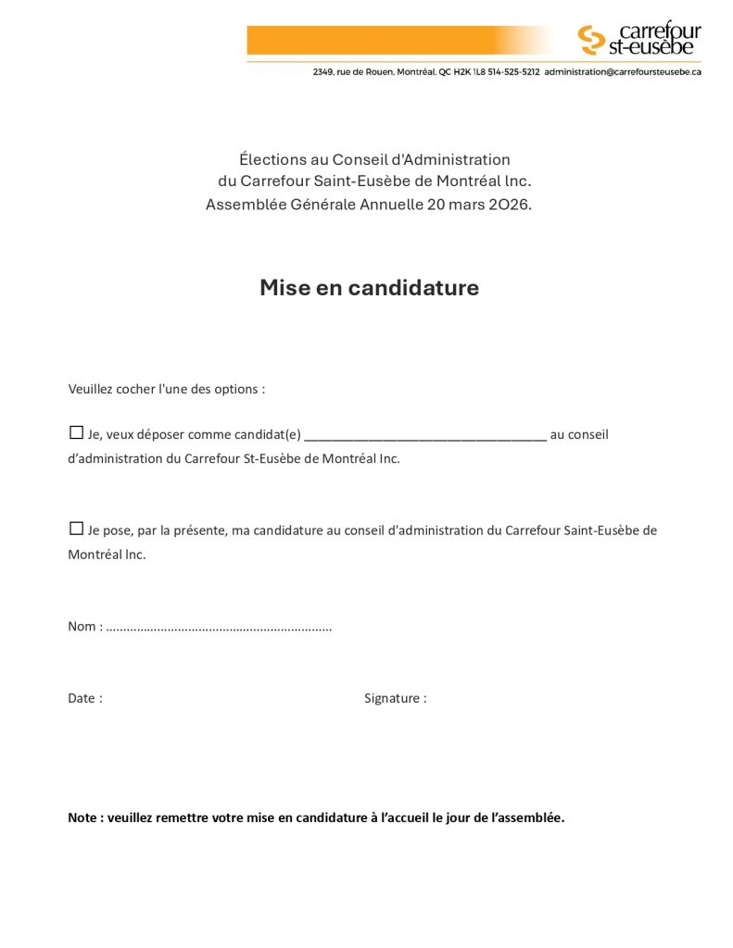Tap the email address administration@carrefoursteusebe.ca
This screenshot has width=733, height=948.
pos(622,71)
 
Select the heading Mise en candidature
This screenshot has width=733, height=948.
pos(369,288)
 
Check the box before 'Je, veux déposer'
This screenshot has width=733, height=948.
pos(76,432)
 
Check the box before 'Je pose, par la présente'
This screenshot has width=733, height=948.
pos(76,529)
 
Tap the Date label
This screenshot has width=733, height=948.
pos(84,698)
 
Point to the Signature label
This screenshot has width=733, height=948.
pos(395,698)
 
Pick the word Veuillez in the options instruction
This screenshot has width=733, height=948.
pos(90,389)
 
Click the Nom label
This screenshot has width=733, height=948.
pos(82,627)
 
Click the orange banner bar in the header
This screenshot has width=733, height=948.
pos(398,40)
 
